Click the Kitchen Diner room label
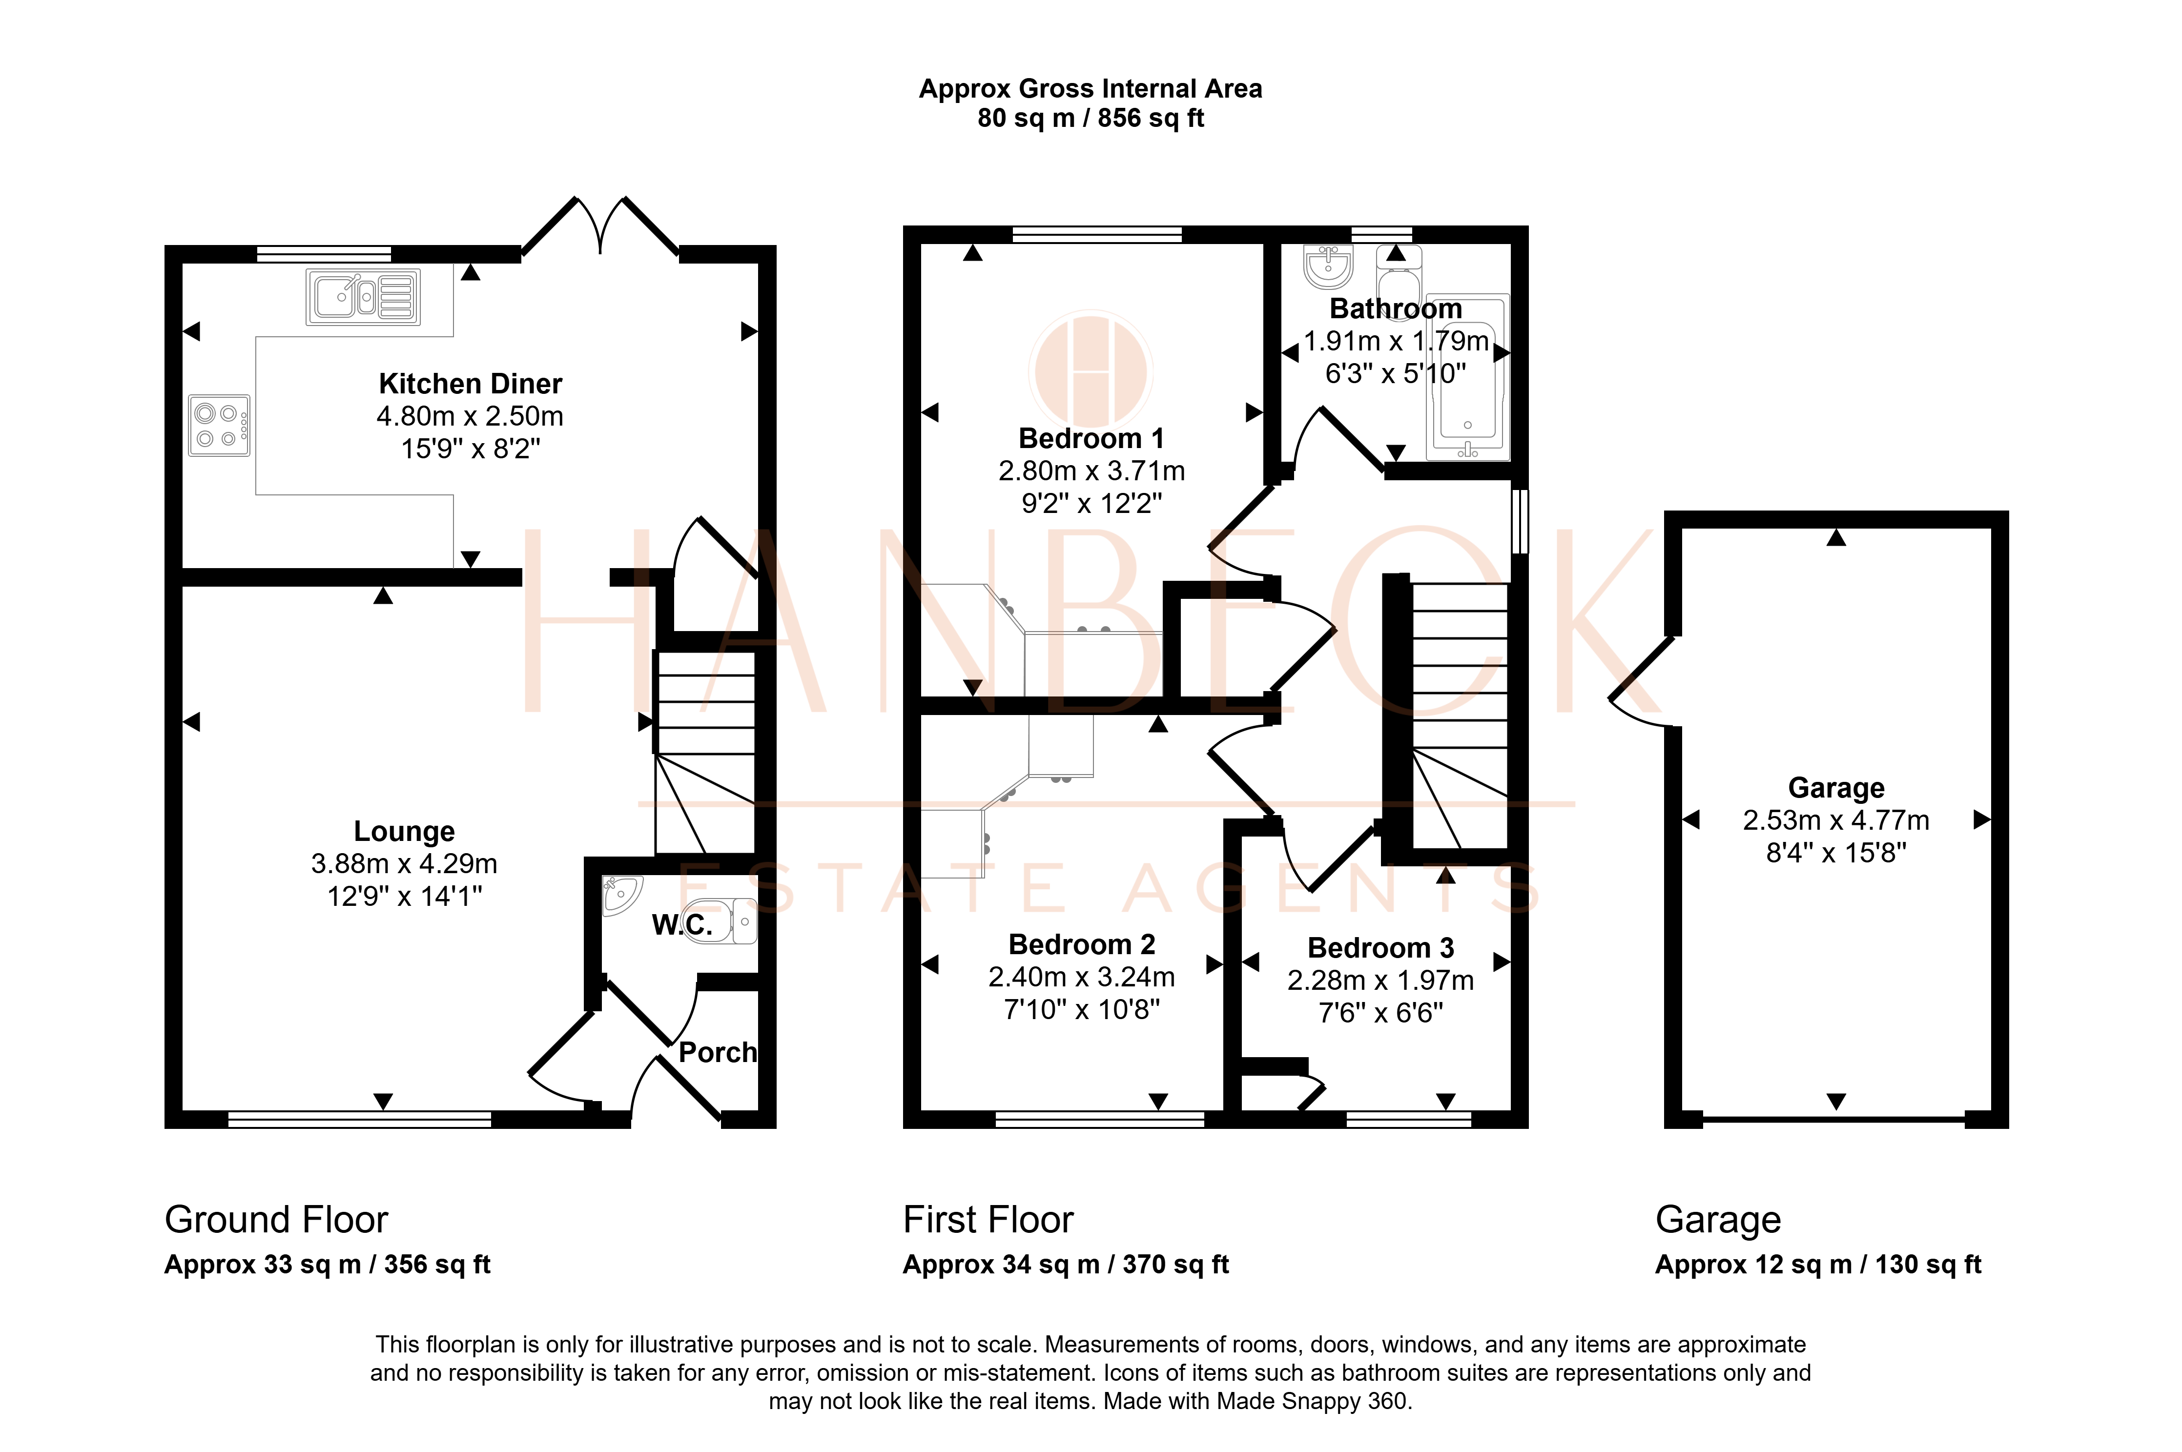tap(471, 383)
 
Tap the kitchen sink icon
tap(363, 296)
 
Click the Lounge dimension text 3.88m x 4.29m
tap(404, 864)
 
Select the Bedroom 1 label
tap(1091, 438)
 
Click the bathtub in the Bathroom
tap(1468, 378)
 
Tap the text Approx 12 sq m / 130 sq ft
tap(1818, 1265)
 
